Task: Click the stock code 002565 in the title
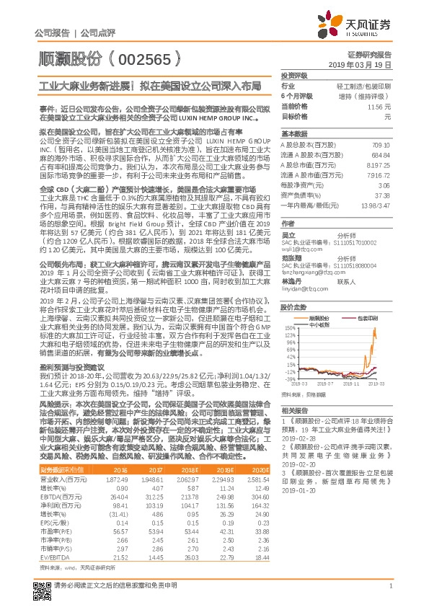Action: pyautogui.click(x=145, y=55)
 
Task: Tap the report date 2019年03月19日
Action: pyautogui.click(x=365, y=65)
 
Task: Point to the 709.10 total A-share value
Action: pyautogui.click(x=381, y=145)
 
